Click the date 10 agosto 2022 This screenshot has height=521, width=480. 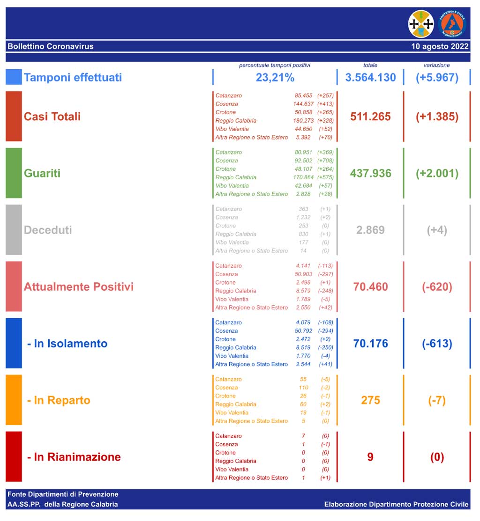pos(440,46)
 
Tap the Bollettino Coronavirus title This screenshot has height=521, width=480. pos(51,46)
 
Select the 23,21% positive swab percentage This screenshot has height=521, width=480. pos(275,77)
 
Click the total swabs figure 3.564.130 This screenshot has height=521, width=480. pos(370,77)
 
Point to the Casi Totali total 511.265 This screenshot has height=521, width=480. pos(370,117)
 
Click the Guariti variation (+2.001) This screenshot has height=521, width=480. pos(437,173)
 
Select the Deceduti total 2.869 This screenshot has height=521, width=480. pos(370,230)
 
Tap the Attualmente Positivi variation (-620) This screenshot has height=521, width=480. pos(437,286)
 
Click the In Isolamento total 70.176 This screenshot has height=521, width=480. pos(370,344)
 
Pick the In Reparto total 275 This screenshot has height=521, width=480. pos(370,400)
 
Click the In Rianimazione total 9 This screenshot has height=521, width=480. pos(370,457)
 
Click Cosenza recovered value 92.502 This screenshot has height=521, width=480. pos(304,161)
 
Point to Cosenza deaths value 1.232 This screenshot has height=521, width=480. pos(303,217)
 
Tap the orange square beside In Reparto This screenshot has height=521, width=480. pos(14,400)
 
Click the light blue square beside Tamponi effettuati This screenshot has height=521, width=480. pos(14,77)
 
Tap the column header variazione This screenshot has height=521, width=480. pos(436,66)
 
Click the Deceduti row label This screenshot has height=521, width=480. pos(48,230)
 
